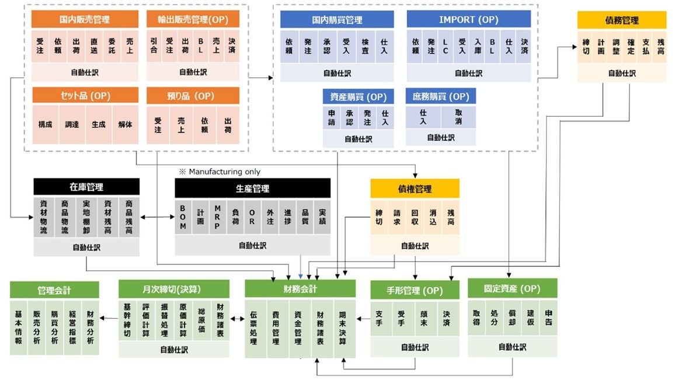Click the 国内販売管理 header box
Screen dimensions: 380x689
click(x=85, y=19)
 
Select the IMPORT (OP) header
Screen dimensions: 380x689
click(x=468, y=19)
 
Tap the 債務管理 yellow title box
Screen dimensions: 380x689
click(x=621, y=20)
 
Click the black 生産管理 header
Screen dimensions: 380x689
click(x=252, y=188)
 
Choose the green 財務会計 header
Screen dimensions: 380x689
click(x=300, y=288)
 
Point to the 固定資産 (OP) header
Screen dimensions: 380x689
click(x=512, y=288)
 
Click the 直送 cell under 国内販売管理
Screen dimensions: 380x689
click(x=93, y=46)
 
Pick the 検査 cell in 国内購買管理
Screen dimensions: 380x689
click(x=364, y=46)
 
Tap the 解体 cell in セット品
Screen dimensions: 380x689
click(x=125, y=124)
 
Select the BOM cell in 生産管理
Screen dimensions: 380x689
click(x=183, y=218)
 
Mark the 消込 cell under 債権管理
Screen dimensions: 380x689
click(x=433, y=217)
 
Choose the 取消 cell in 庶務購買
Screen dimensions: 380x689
click(x=458, y=117)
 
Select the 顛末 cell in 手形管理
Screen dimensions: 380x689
click(x=424, y=318)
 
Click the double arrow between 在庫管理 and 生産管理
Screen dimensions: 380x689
click(x=157, y=217)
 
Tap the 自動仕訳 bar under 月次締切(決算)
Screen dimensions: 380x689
click(x=174, y=350)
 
